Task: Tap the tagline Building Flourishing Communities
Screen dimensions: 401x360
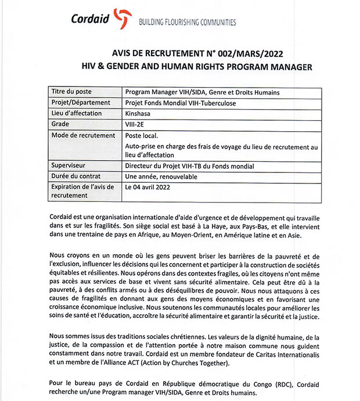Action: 186,23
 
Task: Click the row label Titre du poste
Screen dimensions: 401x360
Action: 72,92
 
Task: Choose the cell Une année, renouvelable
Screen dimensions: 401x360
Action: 161,176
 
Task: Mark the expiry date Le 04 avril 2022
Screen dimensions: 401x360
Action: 149,187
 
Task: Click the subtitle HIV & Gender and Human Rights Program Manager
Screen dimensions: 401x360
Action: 196,67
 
